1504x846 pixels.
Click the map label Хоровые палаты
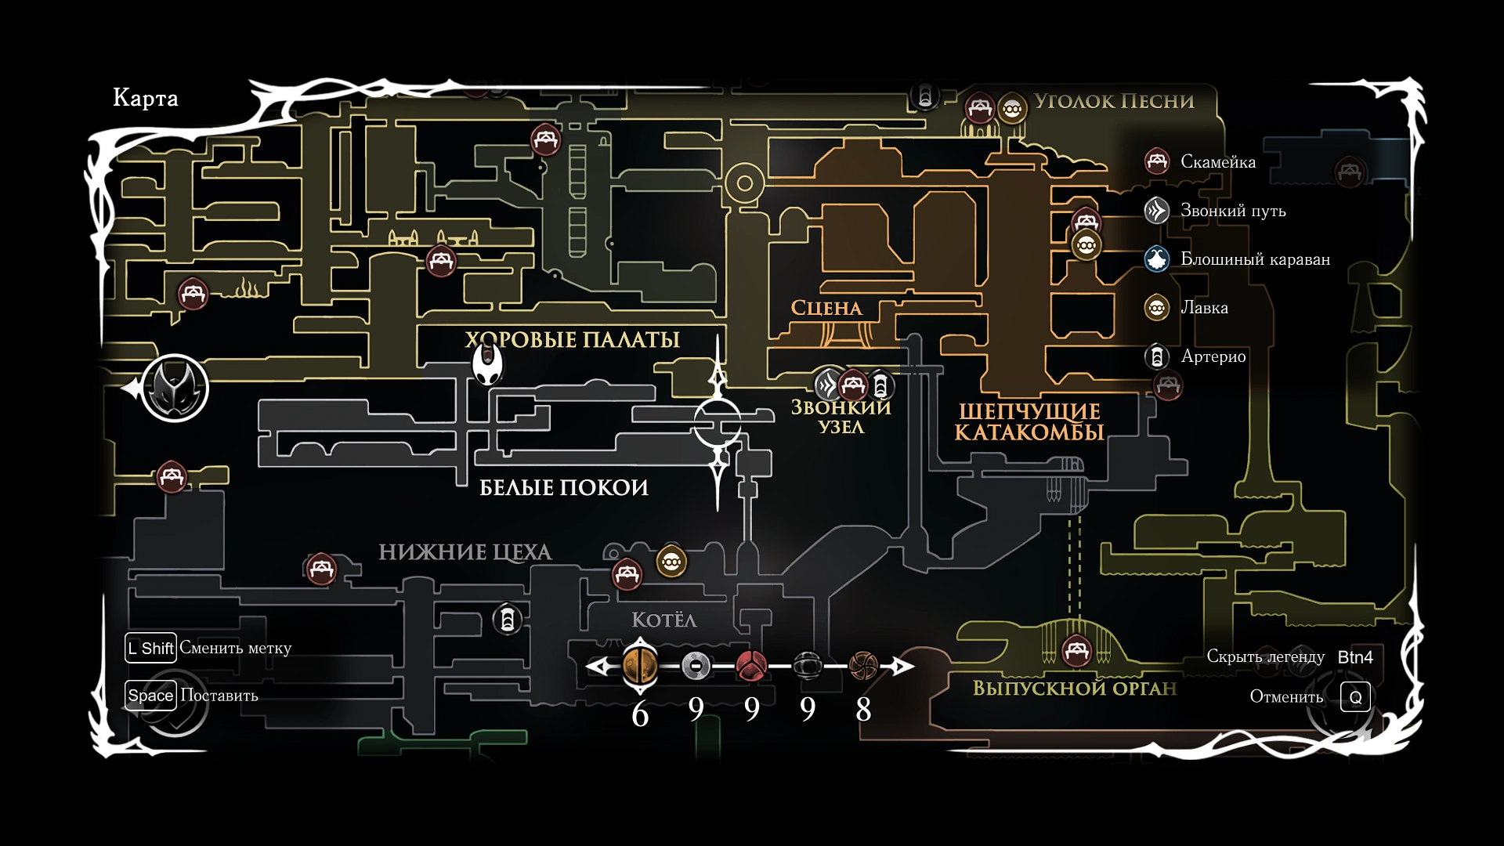[573, 340]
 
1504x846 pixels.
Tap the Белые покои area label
[564, 488]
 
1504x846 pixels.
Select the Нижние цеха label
[465, 552]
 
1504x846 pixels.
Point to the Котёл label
[664, 620]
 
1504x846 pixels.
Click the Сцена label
[826, 309]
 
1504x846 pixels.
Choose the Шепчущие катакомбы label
[1029, 422]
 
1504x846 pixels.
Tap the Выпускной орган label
[1075, 689]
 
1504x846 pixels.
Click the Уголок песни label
[1114, 102]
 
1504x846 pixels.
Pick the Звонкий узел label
[841, 417]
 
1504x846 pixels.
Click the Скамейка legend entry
[1217, 162]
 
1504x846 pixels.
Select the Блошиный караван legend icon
[1157, 259]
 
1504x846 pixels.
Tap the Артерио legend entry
[1213, 356]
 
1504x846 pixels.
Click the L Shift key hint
[150, 648]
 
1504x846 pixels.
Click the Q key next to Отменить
[1355, 697]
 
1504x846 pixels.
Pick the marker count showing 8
[863, 710]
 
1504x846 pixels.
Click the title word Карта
[146, 98]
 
